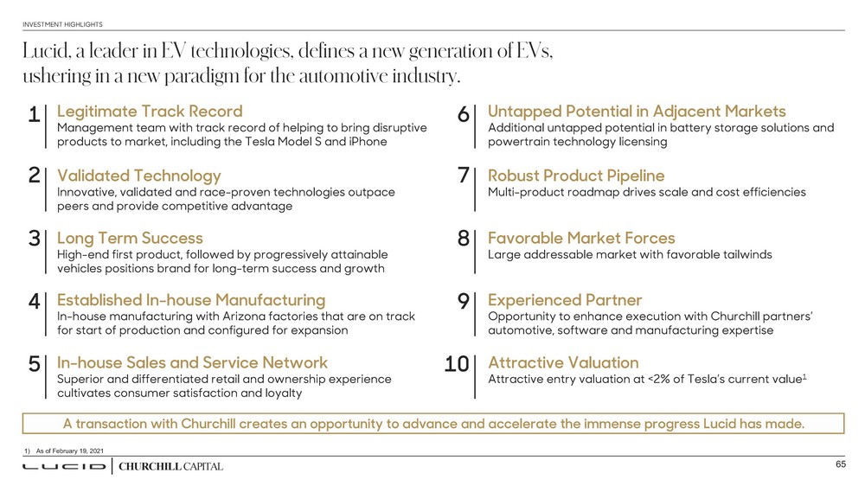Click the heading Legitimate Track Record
(149, 112)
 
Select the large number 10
(456, 365)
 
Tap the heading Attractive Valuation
(563, 362)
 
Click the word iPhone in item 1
(367, 141)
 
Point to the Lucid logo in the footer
(63, 467)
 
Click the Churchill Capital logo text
(170, 467)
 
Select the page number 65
(839, 465)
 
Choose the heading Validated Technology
(138, 176)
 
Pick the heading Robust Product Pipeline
(576, 176)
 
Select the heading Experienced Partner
(565, 300)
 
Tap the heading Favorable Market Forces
(581, 238)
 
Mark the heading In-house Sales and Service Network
(192, 362)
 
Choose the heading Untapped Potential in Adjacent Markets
(637, 112)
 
